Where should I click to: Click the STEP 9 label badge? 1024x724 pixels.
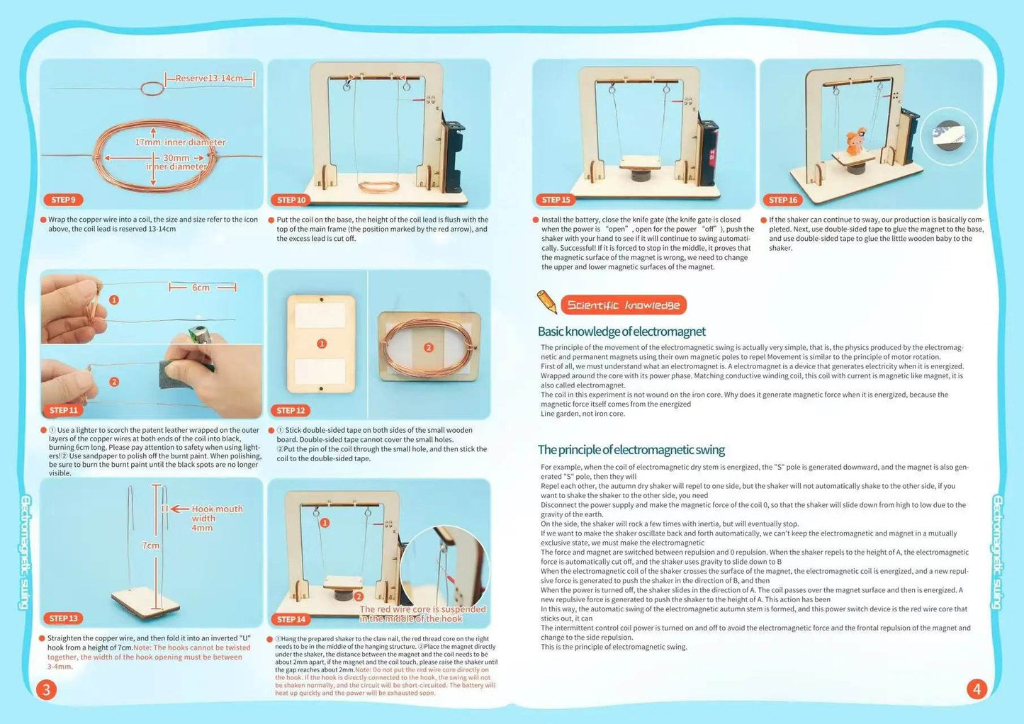(x=63, y=200)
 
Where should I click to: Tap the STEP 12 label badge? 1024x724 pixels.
(x=291, y=410)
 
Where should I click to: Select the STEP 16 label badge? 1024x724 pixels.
(x=783, y=200)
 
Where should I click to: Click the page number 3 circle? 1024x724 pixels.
(x=46, y=689)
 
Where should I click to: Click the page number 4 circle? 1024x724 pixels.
(x=977, y=689)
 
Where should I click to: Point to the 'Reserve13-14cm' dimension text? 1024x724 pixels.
(x=209, y=78)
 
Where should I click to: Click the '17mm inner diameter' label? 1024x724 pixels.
(x=180, y=142)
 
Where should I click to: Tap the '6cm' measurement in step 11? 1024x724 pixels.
(x=201, y=288)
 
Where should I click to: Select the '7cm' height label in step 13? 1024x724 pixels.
(x=151, y=545)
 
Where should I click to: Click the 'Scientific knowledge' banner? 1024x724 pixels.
(x=624, y=305)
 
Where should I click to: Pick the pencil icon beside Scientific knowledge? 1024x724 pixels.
(x=547, y=302)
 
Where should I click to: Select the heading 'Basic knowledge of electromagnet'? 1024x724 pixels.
(x=621, y=332)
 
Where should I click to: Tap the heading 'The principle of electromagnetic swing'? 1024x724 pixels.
(x=631, y=450)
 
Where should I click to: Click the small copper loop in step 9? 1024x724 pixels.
(x=152, y=89)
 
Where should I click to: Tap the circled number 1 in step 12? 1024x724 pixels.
(x=322, y=344)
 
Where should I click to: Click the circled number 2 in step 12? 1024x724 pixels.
(x=428, y=347)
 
